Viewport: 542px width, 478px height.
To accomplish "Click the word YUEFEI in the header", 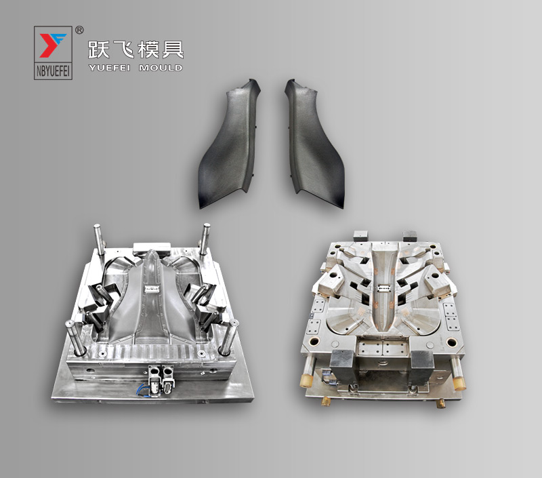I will (112, 68).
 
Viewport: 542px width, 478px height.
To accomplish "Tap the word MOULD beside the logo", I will (161, 68).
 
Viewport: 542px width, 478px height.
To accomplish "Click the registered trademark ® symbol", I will (79, 30).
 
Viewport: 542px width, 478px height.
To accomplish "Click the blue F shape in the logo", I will (60, 39).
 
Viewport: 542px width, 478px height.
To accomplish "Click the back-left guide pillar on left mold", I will (99, 239).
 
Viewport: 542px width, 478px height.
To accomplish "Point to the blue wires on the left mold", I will (144, 389).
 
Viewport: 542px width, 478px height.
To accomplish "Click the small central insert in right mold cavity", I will (384, 287).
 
